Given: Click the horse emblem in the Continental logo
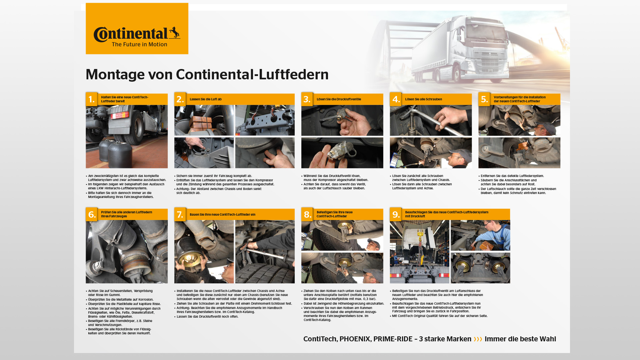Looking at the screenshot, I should [x=174, y=33].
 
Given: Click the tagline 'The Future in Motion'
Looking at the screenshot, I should [x=139, y=44].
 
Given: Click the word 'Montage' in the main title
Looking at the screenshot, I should [x=115, y=75].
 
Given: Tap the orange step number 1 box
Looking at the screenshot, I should [x=91, y=99].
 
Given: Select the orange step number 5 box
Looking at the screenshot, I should [x=484, y=99].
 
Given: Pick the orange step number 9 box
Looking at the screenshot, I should [x=396, y=214].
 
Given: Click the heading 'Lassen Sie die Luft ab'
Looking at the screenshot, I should [x=205, y=99].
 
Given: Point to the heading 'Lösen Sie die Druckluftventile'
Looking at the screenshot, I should [x=339, y=99].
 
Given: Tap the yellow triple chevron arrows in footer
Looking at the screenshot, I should [x=478, y=339].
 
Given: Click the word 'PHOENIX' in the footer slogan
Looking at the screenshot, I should [x=355, y=339].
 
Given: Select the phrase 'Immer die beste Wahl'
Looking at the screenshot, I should [x=520, y=339].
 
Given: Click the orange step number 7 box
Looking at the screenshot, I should [x=180, y=214].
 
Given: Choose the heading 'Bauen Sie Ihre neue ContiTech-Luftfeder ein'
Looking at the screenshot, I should [x=222, y=215].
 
